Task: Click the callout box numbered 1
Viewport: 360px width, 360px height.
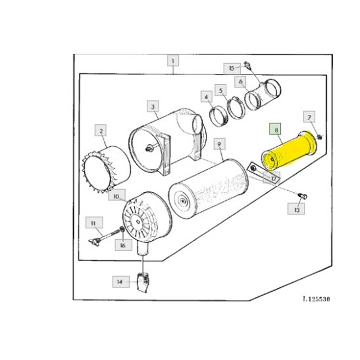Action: (173, 61)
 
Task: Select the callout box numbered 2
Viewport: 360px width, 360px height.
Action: (101, 131)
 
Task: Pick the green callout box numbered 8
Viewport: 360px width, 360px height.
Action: (276, 129)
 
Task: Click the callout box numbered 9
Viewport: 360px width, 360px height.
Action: (220, 144)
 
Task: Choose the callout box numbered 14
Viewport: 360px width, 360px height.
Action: (121, 281)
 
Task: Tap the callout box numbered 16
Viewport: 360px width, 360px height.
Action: (123, 245)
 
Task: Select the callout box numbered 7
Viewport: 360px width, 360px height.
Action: (309, 117)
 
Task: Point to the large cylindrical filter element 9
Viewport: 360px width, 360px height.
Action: (208, 189)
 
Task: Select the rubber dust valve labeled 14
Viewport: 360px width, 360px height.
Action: (143, 282)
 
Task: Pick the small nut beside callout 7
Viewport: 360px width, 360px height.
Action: (319, 137)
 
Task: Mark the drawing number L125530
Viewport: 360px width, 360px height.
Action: (316, 299)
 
